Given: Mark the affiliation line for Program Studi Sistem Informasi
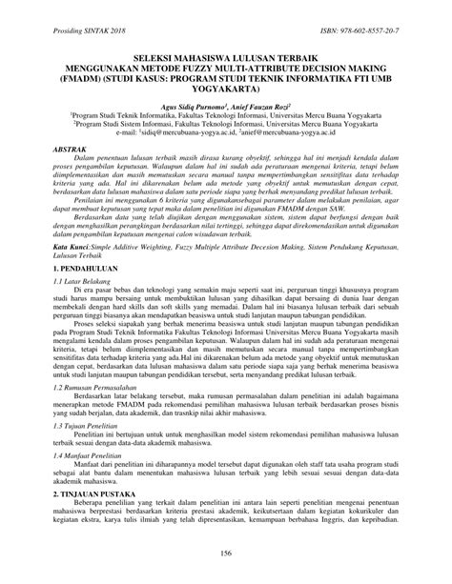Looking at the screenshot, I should coord(226,132).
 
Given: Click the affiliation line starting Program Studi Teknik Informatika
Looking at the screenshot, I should coord(226,121).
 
